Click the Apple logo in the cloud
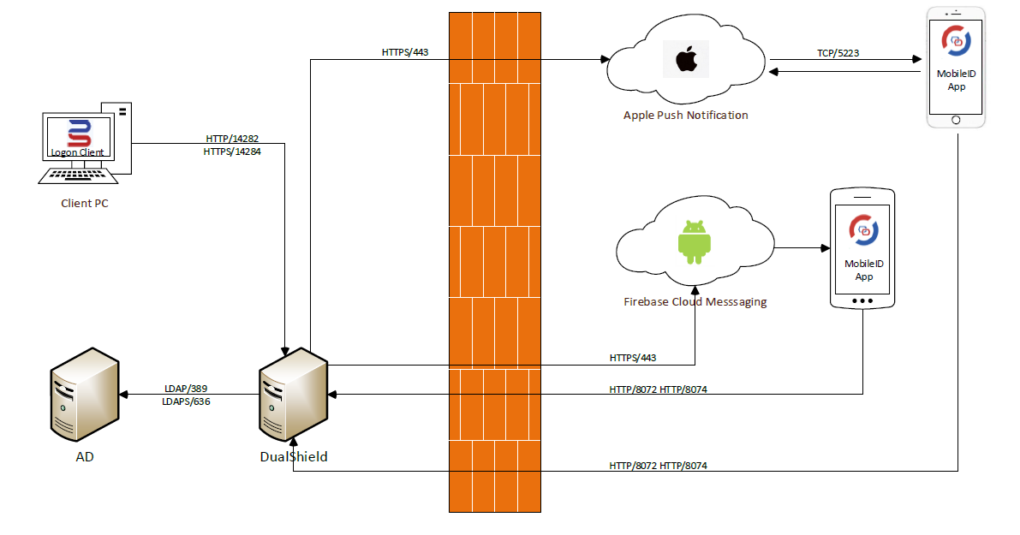(685, 61)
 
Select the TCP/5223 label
(838, 53)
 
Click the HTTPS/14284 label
(232, 152)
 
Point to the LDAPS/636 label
(186, 401)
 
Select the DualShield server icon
(293, 396)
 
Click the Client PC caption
(85, 204)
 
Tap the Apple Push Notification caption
(685, 115)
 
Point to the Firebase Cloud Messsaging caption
(695, 301)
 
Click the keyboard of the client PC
(80, 175)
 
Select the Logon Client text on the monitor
(77, 152)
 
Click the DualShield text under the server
(294, 457)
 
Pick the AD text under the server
(84, 457)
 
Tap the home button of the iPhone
(957, 119)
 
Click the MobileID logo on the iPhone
(956, 39)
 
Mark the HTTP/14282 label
(232, 138)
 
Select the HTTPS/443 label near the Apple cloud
(405, 52)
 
